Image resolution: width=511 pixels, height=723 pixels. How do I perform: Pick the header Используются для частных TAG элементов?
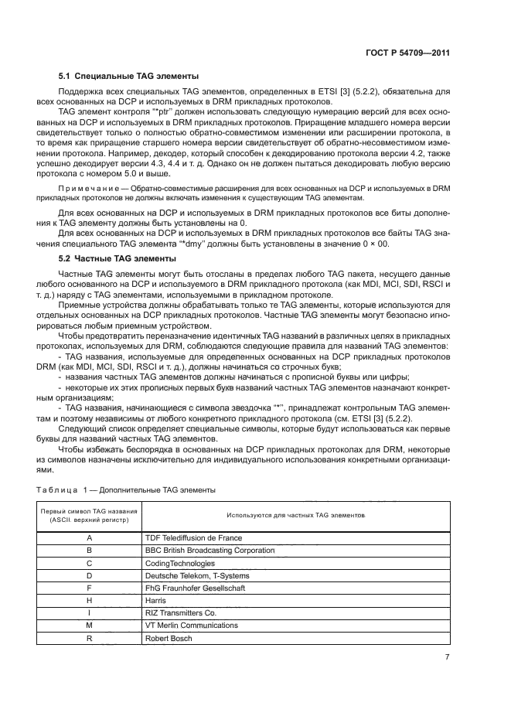click(295, 515)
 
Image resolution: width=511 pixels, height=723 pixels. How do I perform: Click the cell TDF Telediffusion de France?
click(193, 537)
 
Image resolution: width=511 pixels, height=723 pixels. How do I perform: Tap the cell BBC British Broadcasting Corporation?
click(210, 551)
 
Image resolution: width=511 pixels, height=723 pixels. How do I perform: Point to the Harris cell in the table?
click(156, 601)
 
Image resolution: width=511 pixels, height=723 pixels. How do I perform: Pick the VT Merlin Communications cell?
click(192, 626)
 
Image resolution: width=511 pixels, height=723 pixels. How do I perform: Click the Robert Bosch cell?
click(169, 639)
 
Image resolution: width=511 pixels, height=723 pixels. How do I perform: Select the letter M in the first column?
click(89, 626)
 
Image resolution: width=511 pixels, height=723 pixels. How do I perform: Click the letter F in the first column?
click(89, 588)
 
